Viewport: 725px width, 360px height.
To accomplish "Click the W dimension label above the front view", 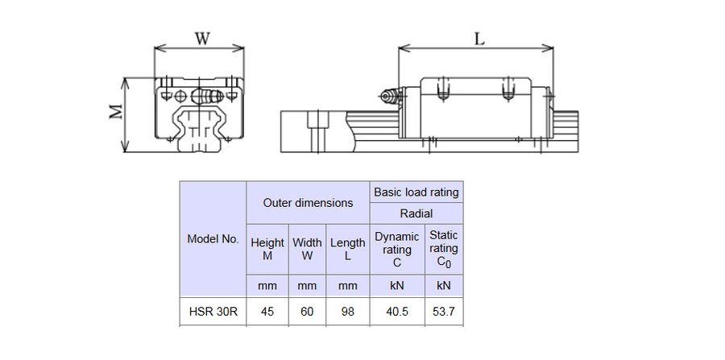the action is click(x=202, y=39).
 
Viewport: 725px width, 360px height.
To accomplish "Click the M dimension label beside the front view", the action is click(x=116, y=111).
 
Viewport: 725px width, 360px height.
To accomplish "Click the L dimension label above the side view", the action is click(x=479, y=39).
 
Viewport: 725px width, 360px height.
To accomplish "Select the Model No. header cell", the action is click(x=213, y=239).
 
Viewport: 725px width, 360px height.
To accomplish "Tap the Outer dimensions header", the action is click(x=308, y=202).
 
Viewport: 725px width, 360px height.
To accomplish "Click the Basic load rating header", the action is click(x=416, y=192).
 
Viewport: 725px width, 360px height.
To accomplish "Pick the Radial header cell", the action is click(x=416, y=213).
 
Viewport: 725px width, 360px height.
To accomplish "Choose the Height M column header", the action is click(x=267, y=249).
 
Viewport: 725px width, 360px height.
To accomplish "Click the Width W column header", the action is click(x=307, y=249).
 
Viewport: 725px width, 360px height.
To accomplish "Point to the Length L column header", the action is click(x=348, y=249).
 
